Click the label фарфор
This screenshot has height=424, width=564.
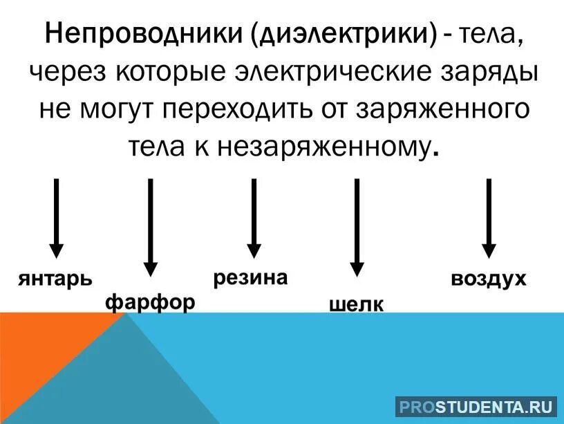click(150, 302)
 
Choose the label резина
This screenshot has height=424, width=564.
click(250, 278)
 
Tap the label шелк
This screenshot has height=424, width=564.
click(357, 304)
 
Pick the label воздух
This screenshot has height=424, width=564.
click(489, 279)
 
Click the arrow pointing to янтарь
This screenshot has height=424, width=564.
click(57, 217)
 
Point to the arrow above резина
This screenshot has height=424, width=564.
click(254, 217)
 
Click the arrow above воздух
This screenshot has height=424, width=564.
click(489, 217)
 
